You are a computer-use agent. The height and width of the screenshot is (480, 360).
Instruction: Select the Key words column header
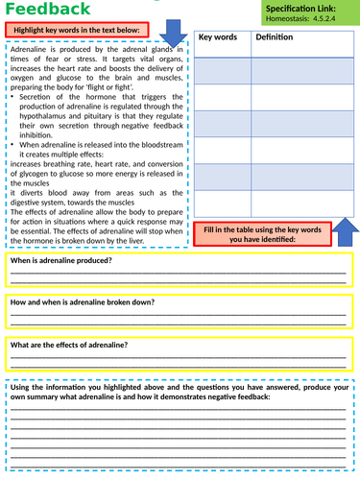coord(217,36)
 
